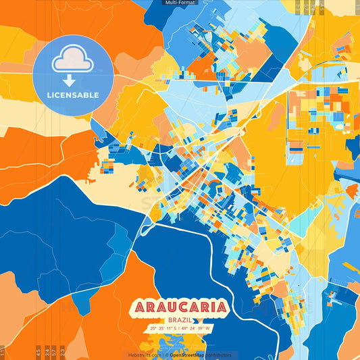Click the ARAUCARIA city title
(180, 307)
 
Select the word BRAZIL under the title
(180, 320)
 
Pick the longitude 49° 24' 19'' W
(196, 329)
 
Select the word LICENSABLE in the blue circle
(73, 95)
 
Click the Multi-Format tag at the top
(180, 3)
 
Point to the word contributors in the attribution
(219, 355)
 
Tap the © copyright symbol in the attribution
(165, 355)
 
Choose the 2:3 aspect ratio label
(62, 351)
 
